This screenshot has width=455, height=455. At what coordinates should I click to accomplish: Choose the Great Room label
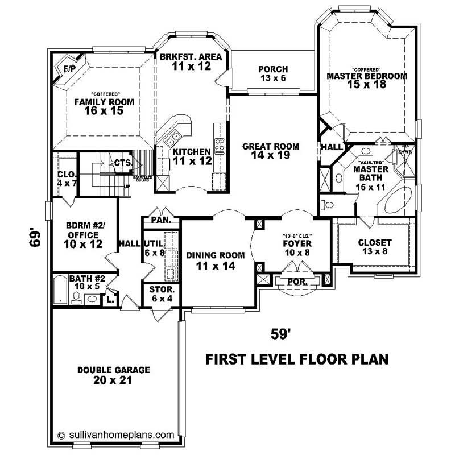click(271, 146)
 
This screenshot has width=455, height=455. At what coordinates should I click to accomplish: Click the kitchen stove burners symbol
click(220, 143)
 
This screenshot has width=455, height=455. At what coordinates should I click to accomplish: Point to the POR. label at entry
click(298, 282)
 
